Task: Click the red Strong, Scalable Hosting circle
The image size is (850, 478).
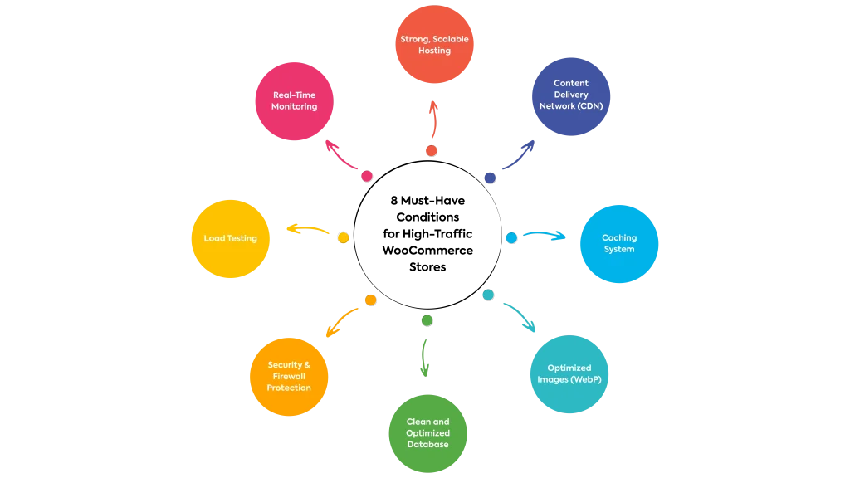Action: (x=434, y=44)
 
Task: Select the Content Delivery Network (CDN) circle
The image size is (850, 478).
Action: (x=571, y=95)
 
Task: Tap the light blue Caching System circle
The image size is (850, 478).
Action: (x=618, y=244)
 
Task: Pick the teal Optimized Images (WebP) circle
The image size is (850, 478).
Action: (x=569, y=373)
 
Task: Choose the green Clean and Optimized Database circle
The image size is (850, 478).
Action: (x=428, y=433)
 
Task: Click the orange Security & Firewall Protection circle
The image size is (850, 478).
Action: (x=289, y=377)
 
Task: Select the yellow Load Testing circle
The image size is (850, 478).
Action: (x=231, y=239)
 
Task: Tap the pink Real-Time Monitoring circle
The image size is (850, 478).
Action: (x=294, y=101)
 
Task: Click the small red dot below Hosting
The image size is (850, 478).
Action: (x=432, y=151)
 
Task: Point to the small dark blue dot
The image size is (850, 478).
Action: (x=491, y=178)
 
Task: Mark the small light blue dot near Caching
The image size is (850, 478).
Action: (x=511, y=238)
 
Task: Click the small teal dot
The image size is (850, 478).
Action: (x=488, y=295)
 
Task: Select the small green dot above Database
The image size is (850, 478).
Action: (x=427, y=320)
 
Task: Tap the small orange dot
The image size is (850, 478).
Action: (x=371, y=300)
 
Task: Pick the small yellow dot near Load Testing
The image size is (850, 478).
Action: (x=343, y=238)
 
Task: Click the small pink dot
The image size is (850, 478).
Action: (x=366, y=177)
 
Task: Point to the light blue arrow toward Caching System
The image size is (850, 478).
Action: (x=546, y=235)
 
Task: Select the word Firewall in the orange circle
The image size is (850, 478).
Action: (x=289, y=377)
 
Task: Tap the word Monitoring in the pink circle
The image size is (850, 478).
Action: (x=294, y=107)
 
